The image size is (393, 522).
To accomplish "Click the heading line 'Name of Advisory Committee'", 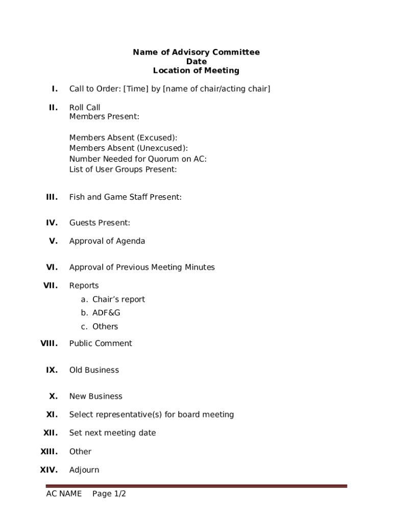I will coord(196,52).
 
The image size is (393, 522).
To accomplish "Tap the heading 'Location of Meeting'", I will coord(196,70).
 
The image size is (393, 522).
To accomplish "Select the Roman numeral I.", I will coord(54,89).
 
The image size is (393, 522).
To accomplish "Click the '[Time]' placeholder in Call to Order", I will coord(135,89).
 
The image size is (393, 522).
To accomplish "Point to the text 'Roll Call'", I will coord(85,108).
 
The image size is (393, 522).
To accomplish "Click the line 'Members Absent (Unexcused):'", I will coord(128,148).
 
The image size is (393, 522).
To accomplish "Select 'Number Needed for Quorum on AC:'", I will coord(138,159).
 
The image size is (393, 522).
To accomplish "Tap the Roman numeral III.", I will coord(52,197).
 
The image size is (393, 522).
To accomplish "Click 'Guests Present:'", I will coord(100,223).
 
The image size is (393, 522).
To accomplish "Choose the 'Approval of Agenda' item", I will coord(107,241).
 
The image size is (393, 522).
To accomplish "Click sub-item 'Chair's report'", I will coord(118,299).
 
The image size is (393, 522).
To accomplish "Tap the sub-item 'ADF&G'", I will coord(106,312).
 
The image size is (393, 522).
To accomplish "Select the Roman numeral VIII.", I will coord(49,344).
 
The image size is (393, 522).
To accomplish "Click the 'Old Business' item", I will coord(94,370).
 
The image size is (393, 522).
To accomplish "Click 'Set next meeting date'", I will coord(112,433).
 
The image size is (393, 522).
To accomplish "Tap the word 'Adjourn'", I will coord(84,470).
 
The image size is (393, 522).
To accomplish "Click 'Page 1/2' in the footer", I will coord(109,494).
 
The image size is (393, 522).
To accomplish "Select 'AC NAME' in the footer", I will coord(64,494).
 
